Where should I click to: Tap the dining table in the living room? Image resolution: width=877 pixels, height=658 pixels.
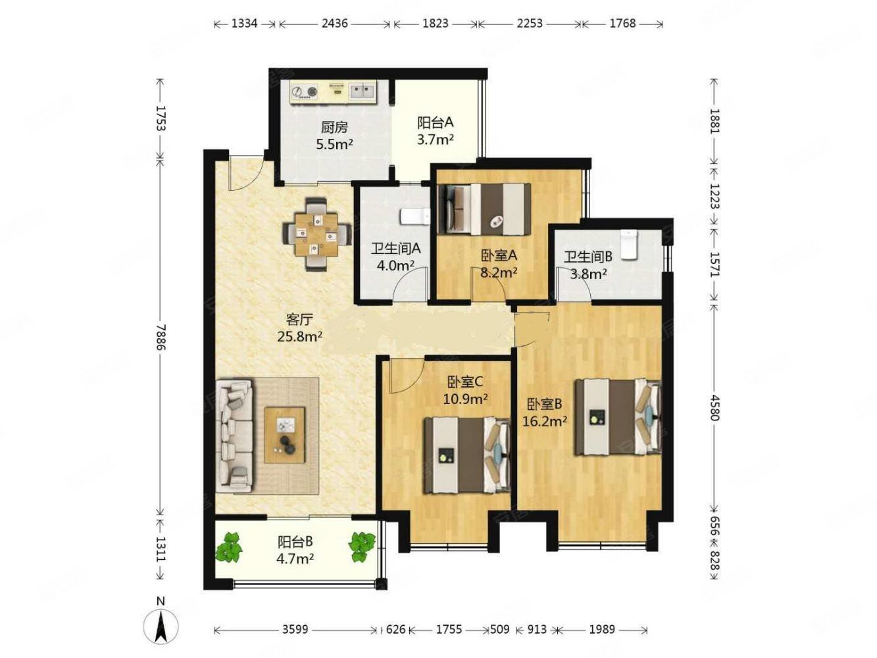pyautogui.click(x=316, y=234)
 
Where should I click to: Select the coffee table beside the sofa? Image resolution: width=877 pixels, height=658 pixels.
pyautogui.click(x=284, y=435)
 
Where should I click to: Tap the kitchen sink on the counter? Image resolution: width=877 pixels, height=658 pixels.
pyautogui.click(x=363, y=91)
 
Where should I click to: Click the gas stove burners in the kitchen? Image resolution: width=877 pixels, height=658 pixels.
pyautogui.click(x=304, y=92)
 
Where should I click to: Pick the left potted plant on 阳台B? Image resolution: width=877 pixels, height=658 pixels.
pyautogui.click(x=229, y=547)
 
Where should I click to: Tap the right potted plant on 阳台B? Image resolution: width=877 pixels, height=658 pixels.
pyautogui.click(x=362, y=547)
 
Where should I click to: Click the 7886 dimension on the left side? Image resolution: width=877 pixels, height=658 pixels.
pyautogui.click(x=161, y=337)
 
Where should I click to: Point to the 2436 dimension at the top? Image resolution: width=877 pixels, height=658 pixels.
pyautogui.click(x=334, y=24)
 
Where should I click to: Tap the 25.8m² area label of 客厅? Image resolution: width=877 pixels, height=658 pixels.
pyautogui.click(x=299, y=337)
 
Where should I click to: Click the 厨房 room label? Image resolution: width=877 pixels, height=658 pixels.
pyautogui.click(x=334, y=128)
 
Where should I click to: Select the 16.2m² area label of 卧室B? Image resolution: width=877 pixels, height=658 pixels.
pyautogui.click(x=545, y=420)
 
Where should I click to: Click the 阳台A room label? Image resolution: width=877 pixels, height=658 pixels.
pyautogui.click(x=435, y=122)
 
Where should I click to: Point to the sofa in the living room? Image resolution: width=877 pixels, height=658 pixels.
pyautogui.click(x=234, y=436)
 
